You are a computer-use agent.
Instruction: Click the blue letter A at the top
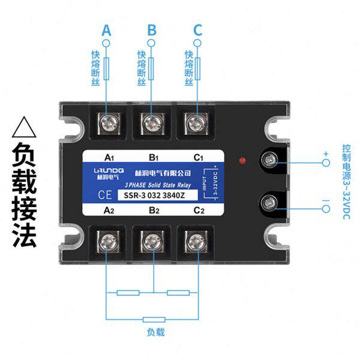(107, 29)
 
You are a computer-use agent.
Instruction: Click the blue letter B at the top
(152, 29)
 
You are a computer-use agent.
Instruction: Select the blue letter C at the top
(198, 29)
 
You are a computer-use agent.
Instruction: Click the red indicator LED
(242, 160)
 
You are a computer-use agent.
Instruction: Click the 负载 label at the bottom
(155, 332)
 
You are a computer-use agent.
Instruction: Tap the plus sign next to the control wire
(326, 154)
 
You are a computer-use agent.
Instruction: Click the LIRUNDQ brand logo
(107, 173)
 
